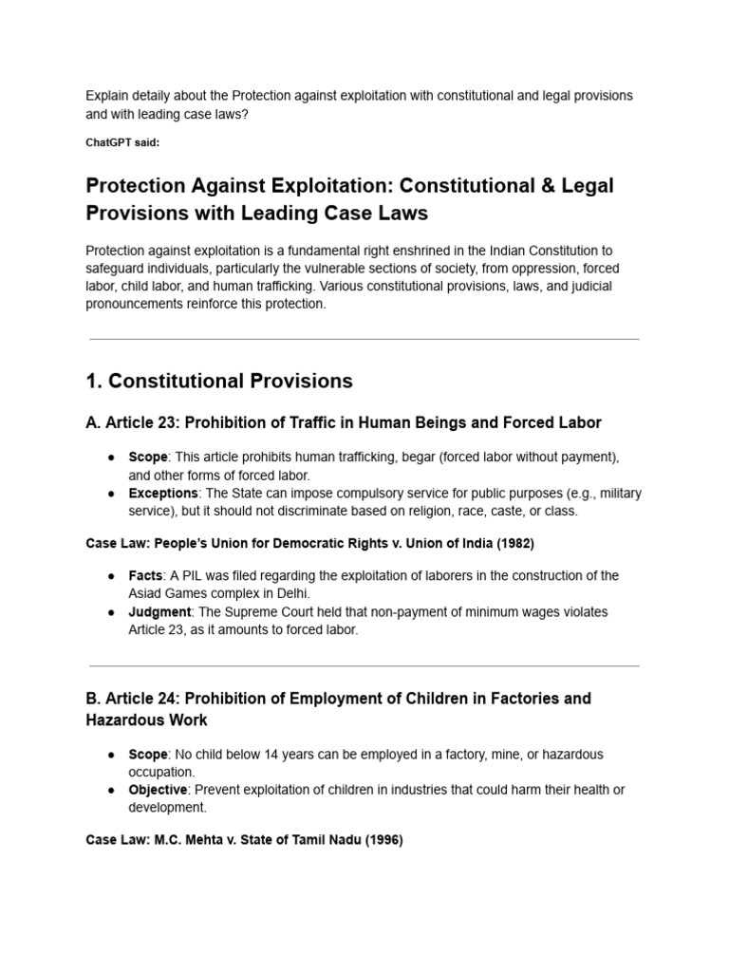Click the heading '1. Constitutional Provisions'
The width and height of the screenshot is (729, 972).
click(218, 381)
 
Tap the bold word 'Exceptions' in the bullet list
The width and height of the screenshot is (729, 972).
click(163, 494)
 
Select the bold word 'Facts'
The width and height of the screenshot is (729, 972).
click(146, 576)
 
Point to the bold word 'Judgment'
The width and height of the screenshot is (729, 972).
click(159, 612)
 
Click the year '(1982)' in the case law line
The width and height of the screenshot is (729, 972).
click(513, 544)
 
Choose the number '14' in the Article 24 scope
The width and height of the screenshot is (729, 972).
click(258, 755)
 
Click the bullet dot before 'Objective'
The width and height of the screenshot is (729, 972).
click(110, 791)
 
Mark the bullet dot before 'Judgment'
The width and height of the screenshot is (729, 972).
click(110, 613)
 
